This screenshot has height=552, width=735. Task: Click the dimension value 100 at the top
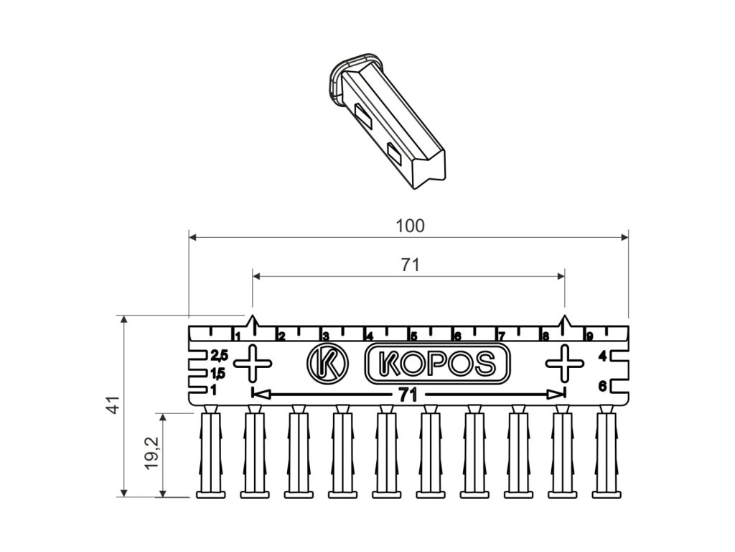[410, 226]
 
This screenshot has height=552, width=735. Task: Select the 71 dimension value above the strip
[409, 265]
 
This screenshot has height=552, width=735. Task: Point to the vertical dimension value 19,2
[151, 454]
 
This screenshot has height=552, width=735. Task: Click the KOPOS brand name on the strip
[438, 363]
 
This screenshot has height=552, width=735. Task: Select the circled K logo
[327, 363]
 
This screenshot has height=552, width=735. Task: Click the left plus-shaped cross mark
[253, 363]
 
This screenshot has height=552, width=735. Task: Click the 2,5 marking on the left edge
[218, 355]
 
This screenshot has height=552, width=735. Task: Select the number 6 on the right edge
[602, 387]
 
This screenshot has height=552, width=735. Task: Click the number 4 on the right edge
[602, 356]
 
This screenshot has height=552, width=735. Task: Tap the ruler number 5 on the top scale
[413, 336]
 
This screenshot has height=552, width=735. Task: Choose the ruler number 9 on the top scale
[589, 336]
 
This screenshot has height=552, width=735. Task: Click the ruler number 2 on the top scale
[281, 336]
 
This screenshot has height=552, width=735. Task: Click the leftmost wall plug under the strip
[212, 453]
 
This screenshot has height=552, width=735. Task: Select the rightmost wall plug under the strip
[607, 453]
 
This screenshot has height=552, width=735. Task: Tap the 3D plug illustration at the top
[388, 119]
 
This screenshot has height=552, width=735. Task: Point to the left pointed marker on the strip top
[252, 322]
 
